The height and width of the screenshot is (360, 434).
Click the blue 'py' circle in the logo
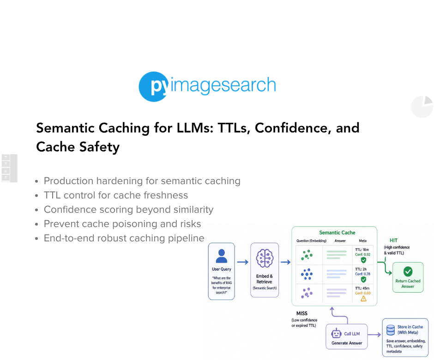click(154, 87)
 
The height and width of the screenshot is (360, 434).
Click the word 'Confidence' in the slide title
click(293, 128)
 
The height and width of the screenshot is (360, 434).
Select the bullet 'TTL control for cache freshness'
click(116, 195)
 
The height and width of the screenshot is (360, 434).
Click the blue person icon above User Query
click(222, 256)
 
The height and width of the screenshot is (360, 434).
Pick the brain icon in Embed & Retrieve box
click(265, 258)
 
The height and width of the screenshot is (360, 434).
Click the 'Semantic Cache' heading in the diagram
click(337, 233)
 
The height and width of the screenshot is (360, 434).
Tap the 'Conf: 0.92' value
click(362, 255)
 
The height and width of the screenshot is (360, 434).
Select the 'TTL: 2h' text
click(361, 269)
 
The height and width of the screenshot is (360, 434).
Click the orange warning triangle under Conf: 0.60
click(363, 299)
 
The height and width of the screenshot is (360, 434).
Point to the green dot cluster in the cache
click(307, 255)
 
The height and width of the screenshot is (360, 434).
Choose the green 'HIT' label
click(393, 240)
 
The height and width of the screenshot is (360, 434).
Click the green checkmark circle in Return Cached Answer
click(408, 271)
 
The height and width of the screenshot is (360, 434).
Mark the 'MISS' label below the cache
click(301, 313)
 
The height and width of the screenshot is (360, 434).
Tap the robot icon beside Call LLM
click(336, 333)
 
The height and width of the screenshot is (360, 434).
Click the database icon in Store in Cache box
click(391, 330)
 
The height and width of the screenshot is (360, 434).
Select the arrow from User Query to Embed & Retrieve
click(243, 262)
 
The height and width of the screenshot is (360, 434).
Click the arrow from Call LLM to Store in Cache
click(374, 335)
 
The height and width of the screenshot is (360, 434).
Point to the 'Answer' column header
click(340, 241)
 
